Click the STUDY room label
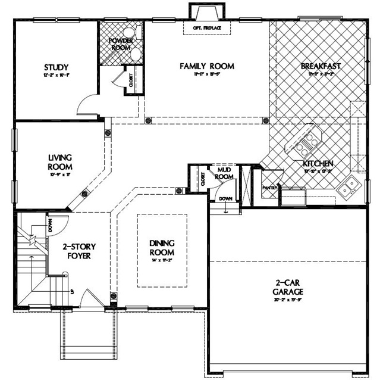(56, 67)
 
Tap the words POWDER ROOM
(121, 44)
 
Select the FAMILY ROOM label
(206, 66)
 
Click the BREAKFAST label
(320, 66)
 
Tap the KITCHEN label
(318, 163)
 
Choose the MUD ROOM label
(224, 173)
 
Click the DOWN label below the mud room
(225, 198)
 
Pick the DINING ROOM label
(161, 247)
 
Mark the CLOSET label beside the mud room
(203, 180)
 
